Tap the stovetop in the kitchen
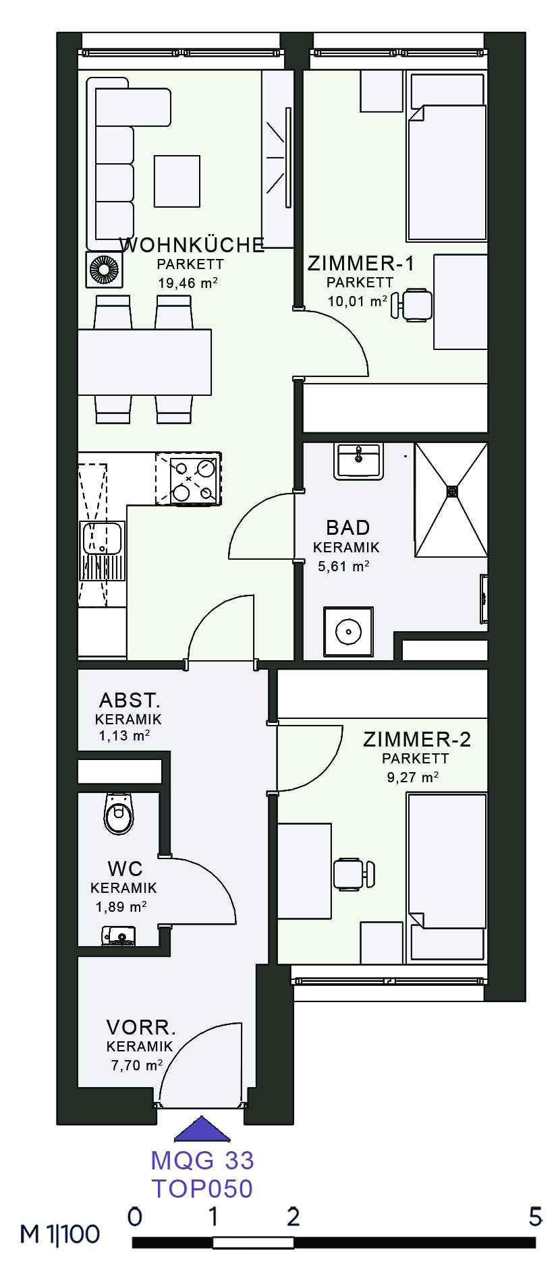click(189, 479)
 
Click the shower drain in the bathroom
click(452, 491)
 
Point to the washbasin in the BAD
click(359, 461)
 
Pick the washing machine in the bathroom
click(348, 632)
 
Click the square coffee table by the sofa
click(177, 181)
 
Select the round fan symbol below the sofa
click(104, 269)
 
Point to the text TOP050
click(202, 1188)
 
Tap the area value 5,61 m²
click(343, 566)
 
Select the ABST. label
click(130, 700)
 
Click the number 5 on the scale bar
click(536, 1217)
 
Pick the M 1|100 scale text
click(60, 1233)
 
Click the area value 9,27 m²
click(413, 777)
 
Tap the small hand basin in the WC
click(119, 935)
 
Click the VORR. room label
click(141, 1028)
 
